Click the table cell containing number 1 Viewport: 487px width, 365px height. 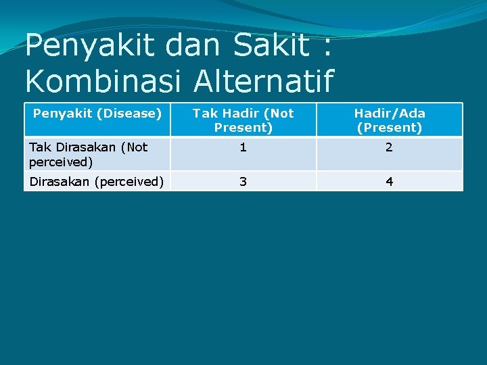pos(243,148)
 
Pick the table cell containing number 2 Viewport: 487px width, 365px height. pos(389,148)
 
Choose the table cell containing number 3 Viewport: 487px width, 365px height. pos(243,181)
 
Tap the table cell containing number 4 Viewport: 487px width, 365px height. pos(389,181)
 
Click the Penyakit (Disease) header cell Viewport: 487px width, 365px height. pos(97,114)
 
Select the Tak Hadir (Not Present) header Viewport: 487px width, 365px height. pos(243,120)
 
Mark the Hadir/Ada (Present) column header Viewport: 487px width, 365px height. pos(389,120)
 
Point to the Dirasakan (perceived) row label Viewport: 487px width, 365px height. pos(96,181)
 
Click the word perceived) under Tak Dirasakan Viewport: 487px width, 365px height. pos(61,162)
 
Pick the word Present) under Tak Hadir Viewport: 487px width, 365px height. pos(243,128)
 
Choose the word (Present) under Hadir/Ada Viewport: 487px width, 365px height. pos(389,128)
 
